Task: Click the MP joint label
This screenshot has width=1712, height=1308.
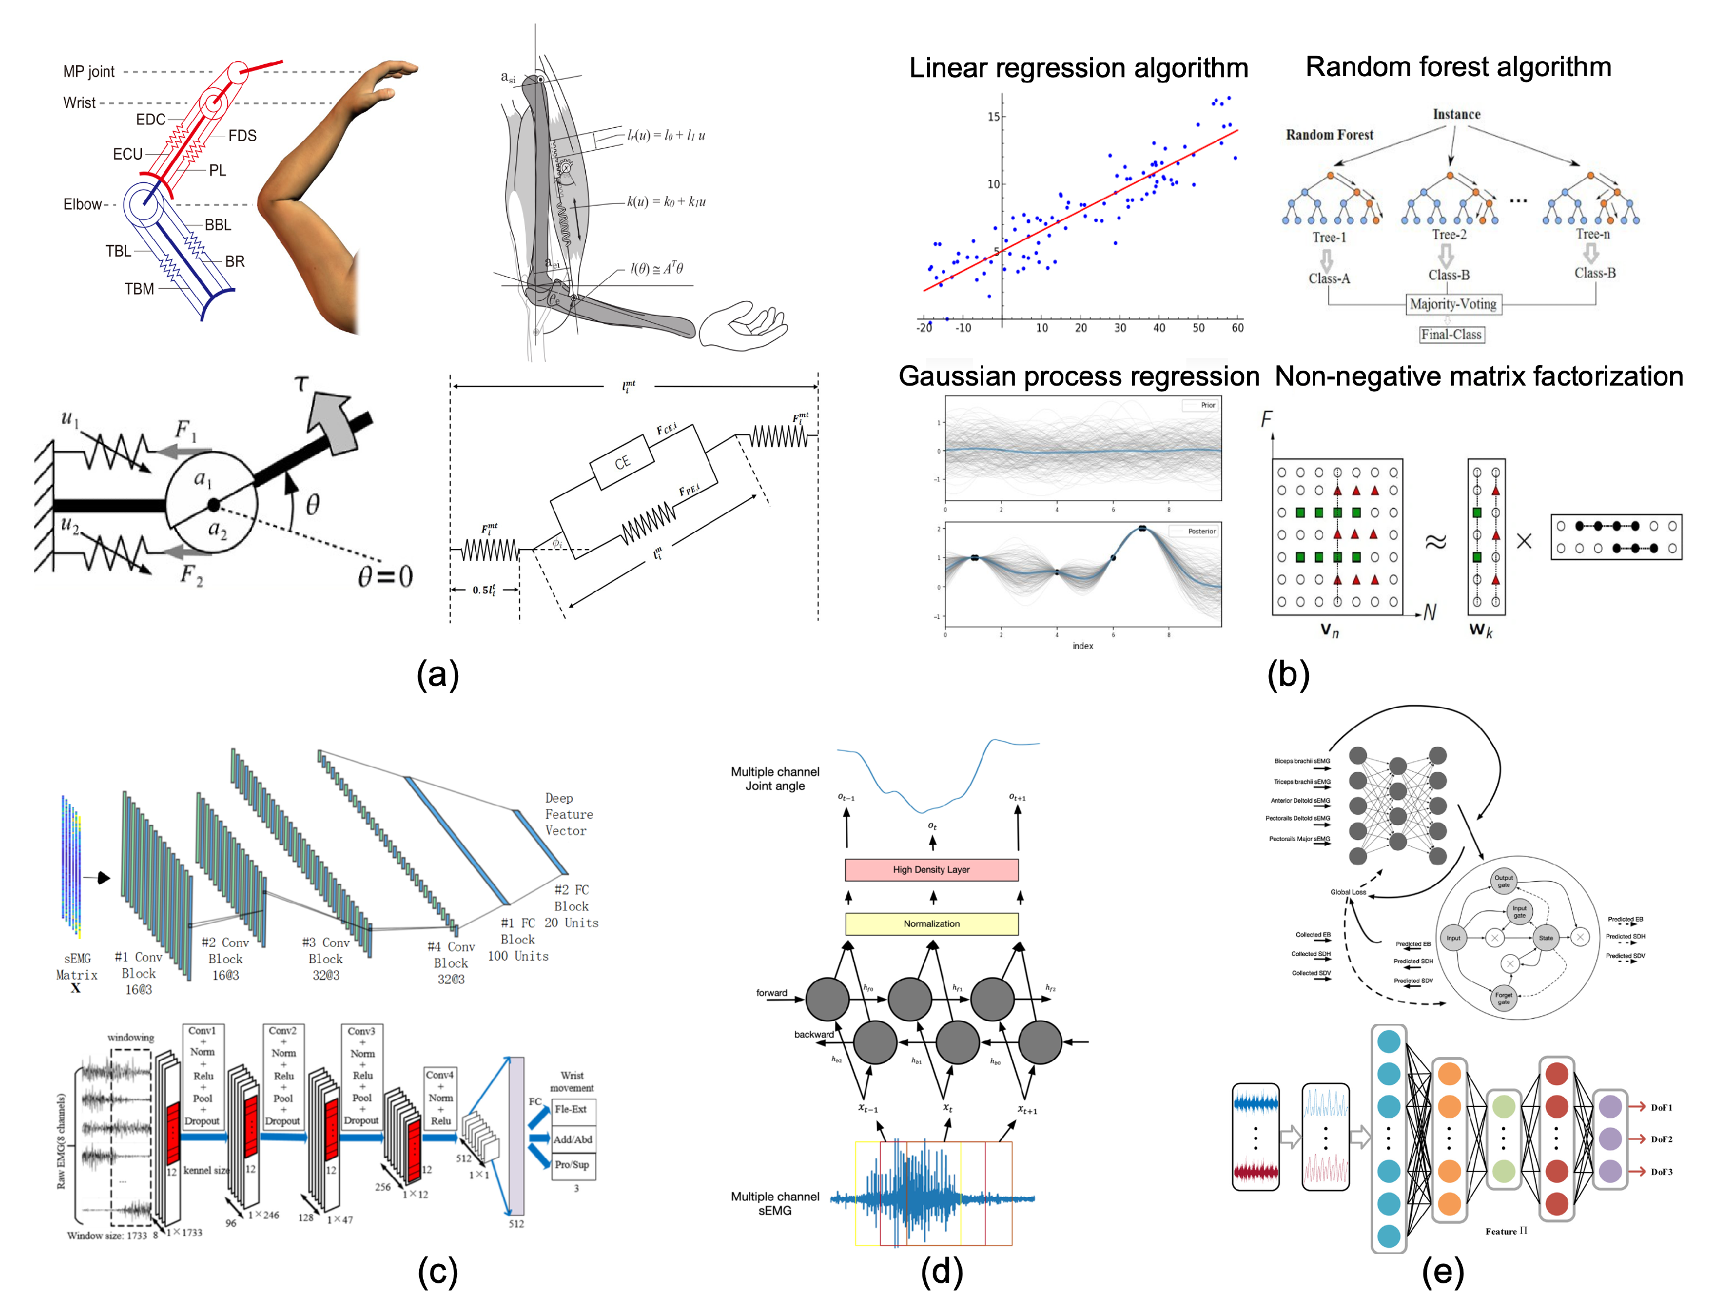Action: point(89,72)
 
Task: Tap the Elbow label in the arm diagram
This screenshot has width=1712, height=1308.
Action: point(82,204)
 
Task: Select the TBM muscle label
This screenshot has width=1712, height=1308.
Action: point(139,289)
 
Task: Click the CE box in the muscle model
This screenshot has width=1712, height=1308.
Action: point(622,462)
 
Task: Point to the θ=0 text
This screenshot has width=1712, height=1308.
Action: point(385,577)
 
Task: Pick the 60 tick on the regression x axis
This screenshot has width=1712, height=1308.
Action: point(1237,328)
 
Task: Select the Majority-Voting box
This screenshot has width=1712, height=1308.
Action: point(1453,304)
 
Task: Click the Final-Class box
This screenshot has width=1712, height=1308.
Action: point(1451,335)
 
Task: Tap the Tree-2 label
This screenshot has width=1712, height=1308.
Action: point(1449,234)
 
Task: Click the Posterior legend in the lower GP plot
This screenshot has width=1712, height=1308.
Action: point(1201,531)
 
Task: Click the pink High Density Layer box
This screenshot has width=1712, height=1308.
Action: point(932,870)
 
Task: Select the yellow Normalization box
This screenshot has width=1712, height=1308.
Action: point(932,924)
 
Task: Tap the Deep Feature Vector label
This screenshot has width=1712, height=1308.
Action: point(568,814)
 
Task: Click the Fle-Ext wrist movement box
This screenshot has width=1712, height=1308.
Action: point(572,1109)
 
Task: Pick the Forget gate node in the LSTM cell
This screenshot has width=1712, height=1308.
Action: point(1504,998)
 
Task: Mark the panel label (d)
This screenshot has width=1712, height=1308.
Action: point(941,1271)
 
